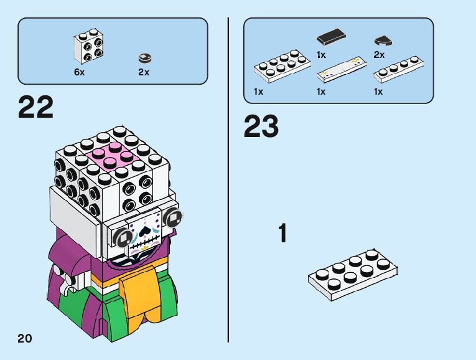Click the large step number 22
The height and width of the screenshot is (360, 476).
36,107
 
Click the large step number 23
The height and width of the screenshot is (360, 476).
261,126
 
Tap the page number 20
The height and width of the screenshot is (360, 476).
24,338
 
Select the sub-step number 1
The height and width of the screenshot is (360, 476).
283,234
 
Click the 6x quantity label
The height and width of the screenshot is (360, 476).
79,72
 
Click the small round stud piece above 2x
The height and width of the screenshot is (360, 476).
144,58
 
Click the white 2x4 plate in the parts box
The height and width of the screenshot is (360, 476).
282,67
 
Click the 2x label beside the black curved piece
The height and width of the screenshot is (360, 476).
379,55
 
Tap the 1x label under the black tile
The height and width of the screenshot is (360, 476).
321,55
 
